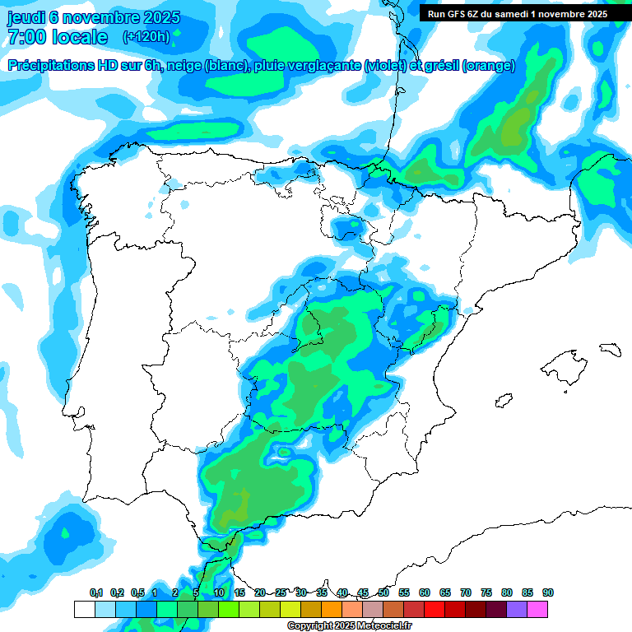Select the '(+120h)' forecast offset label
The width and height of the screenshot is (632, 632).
pyautogui.click(x=146, y=37)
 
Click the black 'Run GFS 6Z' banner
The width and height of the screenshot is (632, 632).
pyautogui.click(x=518, y=13)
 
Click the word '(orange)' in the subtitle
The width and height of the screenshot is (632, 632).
pyautogui.click(x=489, y=66)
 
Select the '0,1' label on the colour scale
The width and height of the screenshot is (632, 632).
pyautogui.click(x=96, y=593)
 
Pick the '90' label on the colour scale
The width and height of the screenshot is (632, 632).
pyautogui.click(x=547, y=593)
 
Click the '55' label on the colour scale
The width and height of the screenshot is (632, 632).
pyautogui.click(x=404, y=593)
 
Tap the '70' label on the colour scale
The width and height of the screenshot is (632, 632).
pyautogui.click(x=466, y=593)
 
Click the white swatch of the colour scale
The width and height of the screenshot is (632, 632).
pyautogui.click(x=85, y=609)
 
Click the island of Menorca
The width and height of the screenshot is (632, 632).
pyautogui.click(x=610, y=348)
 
